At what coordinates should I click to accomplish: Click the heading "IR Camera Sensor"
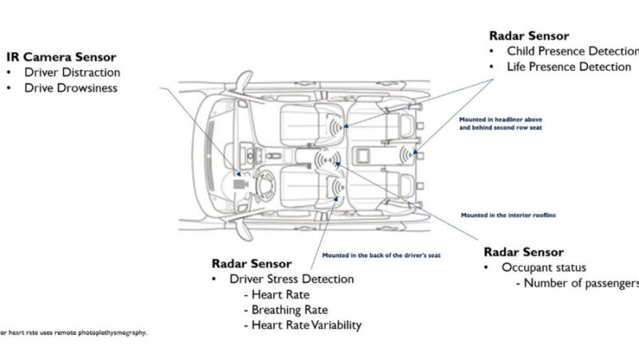[x=61, y=57]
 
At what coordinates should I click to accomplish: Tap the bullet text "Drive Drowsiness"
[x=72, y=88]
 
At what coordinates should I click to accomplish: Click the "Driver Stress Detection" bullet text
[x=291, y=279]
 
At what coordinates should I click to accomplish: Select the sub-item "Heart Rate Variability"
[x=306, y=325]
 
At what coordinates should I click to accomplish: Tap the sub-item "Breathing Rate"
[x=289, y=310]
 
